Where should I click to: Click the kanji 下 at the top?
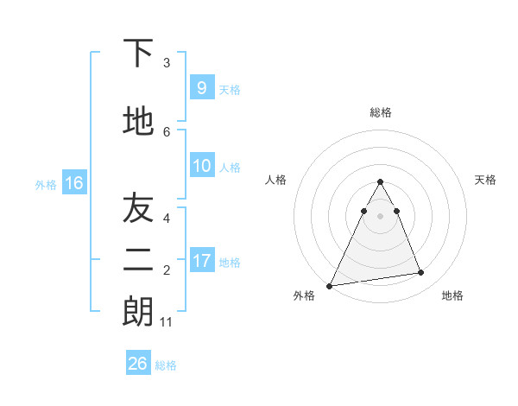click(138, 55)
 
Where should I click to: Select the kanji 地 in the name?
click(138, 122)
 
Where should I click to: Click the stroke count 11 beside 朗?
click(167, 322)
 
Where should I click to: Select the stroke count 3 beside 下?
click(167, 63)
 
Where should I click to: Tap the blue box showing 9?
click(201, 87)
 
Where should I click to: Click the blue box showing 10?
click(201, 166)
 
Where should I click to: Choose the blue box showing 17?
click(201, 260)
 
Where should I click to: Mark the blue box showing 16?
click(74, 183)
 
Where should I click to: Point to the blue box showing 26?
click(137, 364)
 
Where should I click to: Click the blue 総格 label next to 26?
click(166, 365)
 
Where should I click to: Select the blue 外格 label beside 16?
click(46, 184)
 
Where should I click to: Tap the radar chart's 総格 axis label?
click(380, 112)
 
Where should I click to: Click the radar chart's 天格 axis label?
click(486, 180)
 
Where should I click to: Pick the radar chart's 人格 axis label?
click(275, 180)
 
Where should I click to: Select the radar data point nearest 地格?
click(421, 273)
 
